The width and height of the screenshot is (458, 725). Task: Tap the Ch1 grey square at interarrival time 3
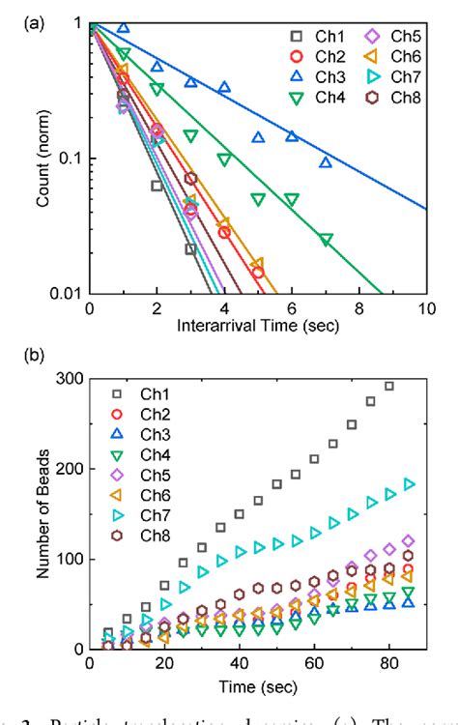point(190,249)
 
